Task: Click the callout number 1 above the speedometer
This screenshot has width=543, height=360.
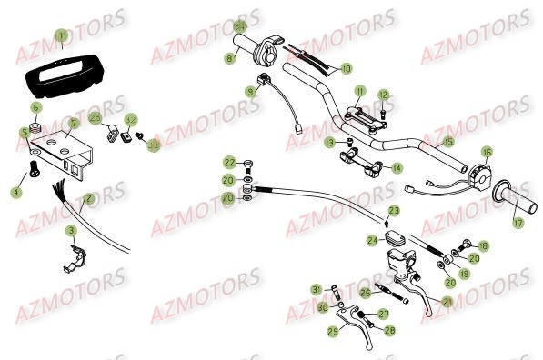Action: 61,37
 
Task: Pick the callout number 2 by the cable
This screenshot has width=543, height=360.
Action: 89,198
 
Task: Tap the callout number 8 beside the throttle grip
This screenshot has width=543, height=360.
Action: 230,58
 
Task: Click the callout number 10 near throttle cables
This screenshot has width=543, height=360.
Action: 346,68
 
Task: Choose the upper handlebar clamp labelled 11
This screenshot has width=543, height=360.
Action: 361,113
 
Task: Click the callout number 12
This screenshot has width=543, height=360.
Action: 384,95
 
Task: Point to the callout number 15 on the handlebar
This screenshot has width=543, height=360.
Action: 447,142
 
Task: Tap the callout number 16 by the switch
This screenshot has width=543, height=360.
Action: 487,152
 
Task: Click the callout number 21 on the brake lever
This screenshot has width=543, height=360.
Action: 448,302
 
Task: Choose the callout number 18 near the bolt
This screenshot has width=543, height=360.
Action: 483,246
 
